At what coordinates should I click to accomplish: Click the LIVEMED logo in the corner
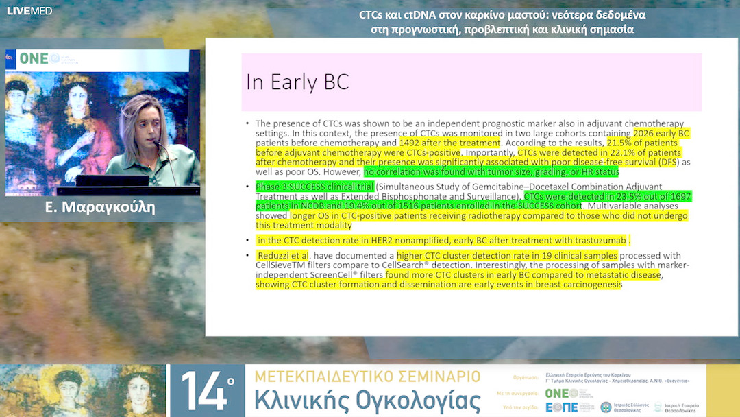[x=29, y=10]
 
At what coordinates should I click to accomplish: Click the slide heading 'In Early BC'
[x=297, y=82]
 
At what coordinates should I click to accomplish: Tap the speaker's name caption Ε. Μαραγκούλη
[x=100, y=207]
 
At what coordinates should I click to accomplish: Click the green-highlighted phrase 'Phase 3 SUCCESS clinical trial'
[x=315, y=187]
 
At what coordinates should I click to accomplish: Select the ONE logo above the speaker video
[x=34, y=59]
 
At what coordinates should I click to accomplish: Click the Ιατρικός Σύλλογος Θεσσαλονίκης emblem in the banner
[x=606, y=407]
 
